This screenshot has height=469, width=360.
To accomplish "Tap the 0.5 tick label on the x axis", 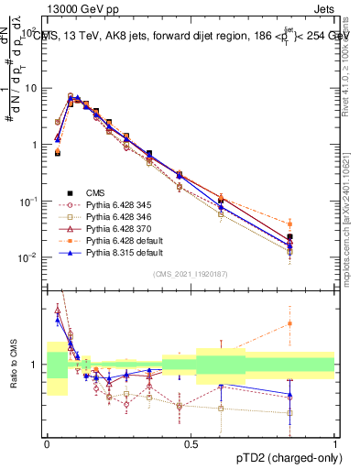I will click(x=191, y=442).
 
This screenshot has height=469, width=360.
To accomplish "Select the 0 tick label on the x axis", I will click(x=47, y=442).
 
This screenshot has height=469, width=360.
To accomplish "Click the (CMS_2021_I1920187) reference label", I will click(x=190, y=274).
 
